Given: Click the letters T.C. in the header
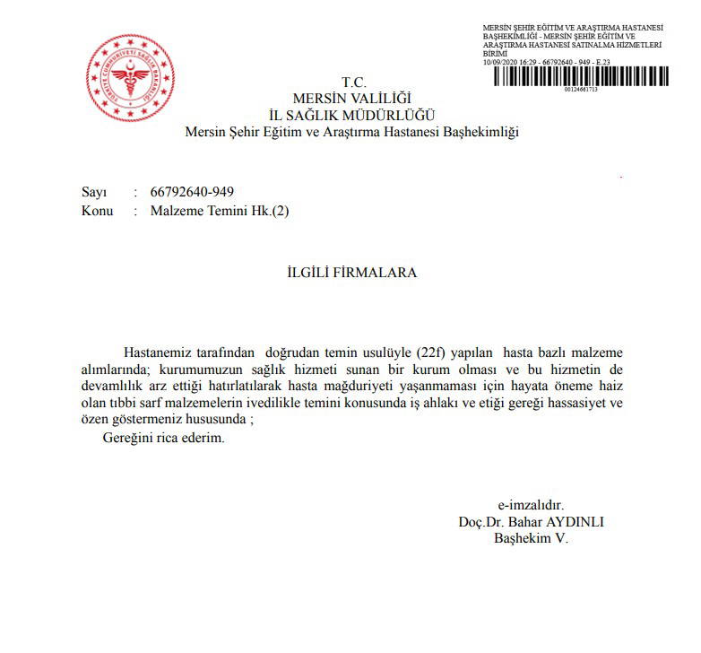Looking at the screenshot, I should point(354,83).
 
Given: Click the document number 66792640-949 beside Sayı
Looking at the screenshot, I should point(193,193).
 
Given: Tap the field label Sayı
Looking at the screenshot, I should point(94,193).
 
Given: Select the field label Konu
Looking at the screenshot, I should point(97,211).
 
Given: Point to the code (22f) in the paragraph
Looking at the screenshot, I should point(435,351).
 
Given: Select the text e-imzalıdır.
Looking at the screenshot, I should point(531,504).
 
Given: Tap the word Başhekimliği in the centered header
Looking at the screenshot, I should point(478,132).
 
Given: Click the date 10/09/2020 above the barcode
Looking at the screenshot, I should point(500,62).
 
